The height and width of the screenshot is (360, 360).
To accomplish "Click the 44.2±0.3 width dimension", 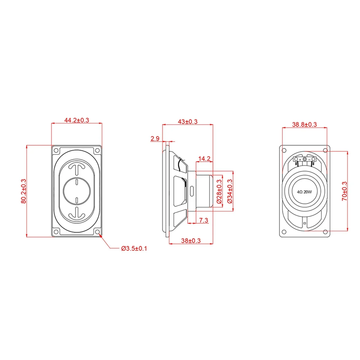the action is click(x=76, y=120).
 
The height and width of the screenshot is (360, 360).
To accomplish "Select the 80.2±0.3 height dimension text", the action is click(x=24, y=191).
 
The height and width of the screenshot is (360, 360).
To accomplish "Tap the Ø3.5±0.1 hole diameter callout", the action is click(x=134, y=248).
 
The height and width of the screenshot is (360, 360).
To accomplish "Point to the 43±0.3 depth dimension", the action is click(x=188, y=121).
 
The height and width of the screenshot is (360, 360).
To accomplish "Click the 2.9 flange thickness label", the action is click(x=155, y=138).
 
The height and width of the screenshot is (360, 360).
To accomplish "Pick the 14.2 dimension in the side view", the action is click(x=204, y=159).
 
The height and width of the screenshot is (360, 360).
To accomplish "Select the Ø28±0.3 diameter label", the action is click(x=219, y=191).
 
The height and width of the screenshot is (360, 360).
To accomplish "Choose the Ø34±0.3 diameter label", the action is click(x=230, y=191).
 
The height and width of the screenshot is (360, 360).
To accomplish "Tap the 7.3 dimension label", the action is click(x=203, y=220).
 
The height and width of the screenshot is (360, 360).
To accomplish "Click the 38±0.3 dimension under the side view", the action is click(x=191, y=240).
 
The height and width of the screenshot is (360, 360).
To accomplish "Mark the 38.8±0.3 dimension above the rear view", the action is click(x=304, y=124).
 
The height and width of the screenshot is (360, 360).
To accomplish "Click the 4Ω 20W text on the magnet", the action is click(x=304, y=192).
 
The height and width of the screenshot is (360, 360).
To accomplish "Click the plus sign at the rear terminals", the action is click(x=300, y=160).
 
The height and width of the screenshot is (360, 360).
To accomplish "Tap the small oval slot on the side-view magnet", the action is click(x=192, y=191).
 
